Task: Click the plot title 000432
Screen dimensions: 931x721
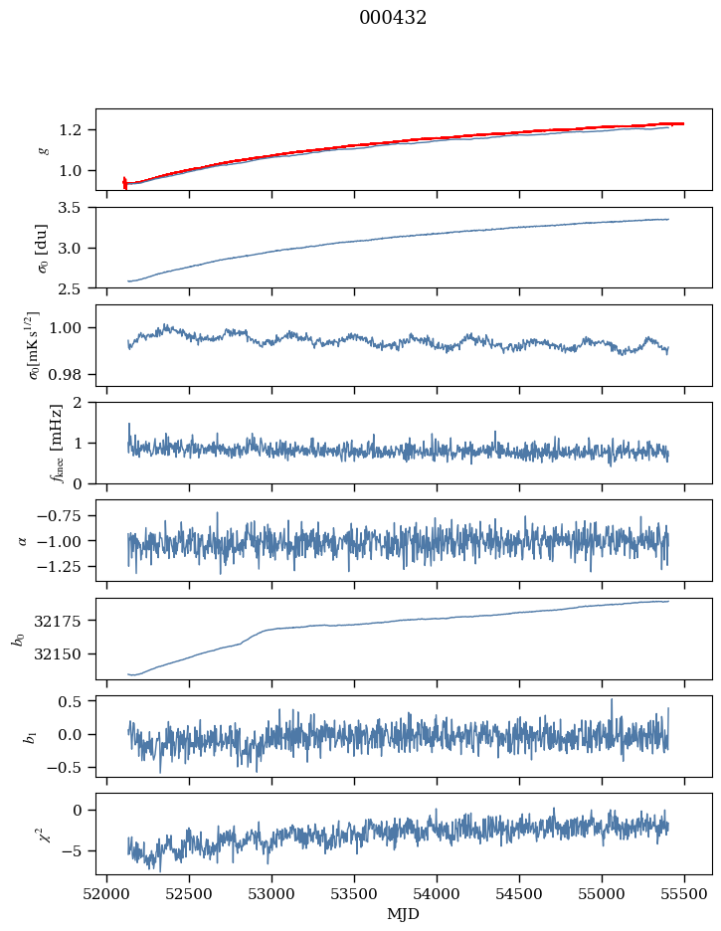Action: (x=393, y=18)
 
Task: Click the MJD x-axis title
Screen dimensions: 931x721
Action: (x=404, y=914)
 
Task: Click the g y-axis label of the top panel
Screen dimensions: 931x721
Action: (x=43, y=149)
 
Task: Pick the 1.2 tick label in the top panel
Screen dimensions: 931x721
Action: (x=76, y=130)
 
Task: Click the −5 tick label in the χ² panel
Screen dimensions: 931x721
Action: (x=75, y=851)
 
